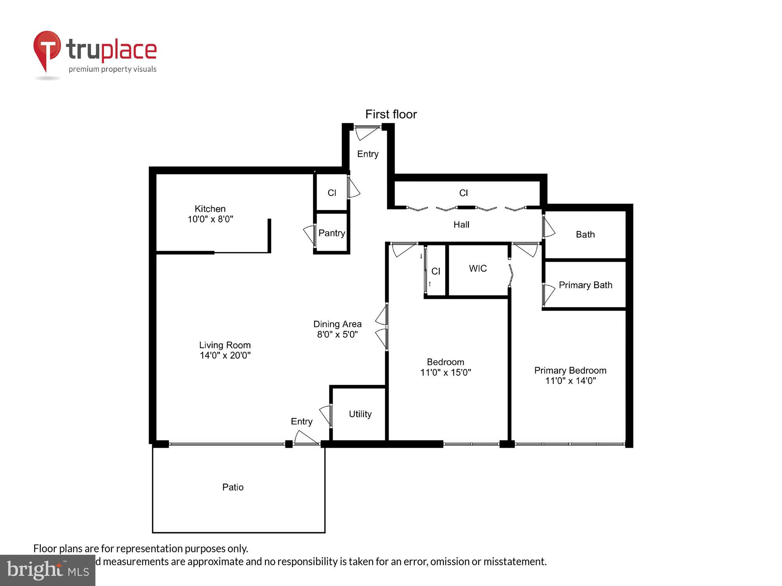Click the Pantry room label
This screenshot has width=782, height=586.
tap(332, 233)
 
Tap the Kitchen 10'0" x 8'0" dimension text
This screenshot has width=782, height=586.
tap(210, 220)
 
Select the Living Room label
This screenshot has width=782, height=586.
tap(225, 345)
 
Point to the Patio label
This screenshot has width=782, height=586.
tap(233, 487)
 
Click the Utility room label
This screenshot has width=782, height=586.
tap(360, 414)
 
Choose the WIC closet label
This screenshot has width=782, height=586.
tap(478, 268)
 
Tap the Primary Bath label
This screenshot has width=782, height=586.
tap(585, 285)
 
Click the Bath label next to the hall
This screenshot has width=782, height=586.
tap(585, 234)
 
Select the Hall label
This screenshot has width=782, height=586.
tap(461, 225)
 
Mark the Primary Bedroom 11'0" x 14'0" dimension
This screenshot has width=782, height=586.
tap(570, 381)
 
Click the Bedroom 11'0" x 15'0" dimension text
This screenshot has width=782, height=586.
tap(445, 373)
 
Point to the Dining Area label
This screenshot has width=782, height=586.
tap(337, 324)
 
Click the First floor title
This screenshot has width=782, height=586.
tap(391, 114)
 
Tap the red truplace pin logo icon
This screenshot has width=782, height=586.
tap(47, 49)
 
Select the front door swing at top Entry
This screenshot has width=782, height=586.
tap(366, 132)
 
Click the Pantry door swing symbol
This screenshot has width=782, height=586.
tap(310, 234)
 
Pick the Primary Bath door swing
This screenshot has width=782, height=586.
tap(548, 294)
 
